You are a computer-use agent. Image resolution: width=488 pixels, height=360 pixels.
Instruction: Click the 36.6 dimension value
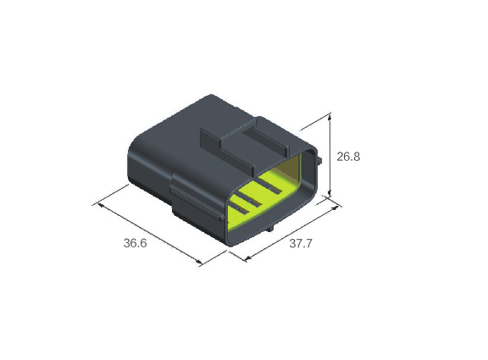pos(135,243)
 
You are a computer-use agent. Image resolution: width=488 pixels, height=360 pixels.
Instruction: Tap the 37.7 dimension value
pos(300,243)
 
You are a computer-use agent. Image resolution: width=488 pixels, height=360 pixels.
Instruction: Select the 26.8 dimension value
pos(348,157)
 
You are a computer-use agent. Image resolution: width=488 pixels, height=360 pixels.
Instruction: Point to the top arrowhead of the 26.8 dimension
pos(330,117)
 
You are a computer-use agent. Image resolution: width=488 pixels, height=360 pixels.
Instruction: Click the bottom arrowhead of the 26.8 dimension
pos(330,193)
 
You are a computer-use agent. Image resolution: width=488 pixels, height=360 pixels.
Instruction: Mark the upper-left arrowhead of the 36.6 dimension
pos(101,206)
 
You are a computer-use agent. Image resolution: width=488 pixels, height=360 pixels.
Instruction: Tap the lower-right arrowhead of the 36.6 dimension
pos(198,262)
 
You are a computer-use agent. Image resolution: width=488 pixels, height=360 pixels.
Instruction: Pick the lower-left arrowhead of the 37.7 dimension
pos(248,258)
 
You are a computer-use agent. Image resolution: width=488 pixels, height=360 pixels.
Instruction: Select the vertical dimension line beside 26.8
pos(330,155)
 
